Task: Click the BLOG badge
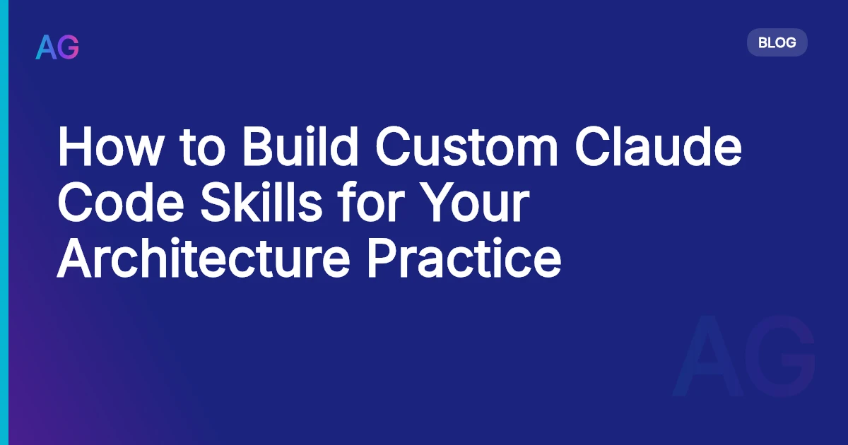click(x=777, y=42)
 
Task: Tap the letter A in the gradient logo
click(x=46, y=47)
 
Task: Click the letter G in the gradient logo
click(x=69, y=47)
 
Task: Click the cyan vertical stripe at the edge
click(x=4, y=222)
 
